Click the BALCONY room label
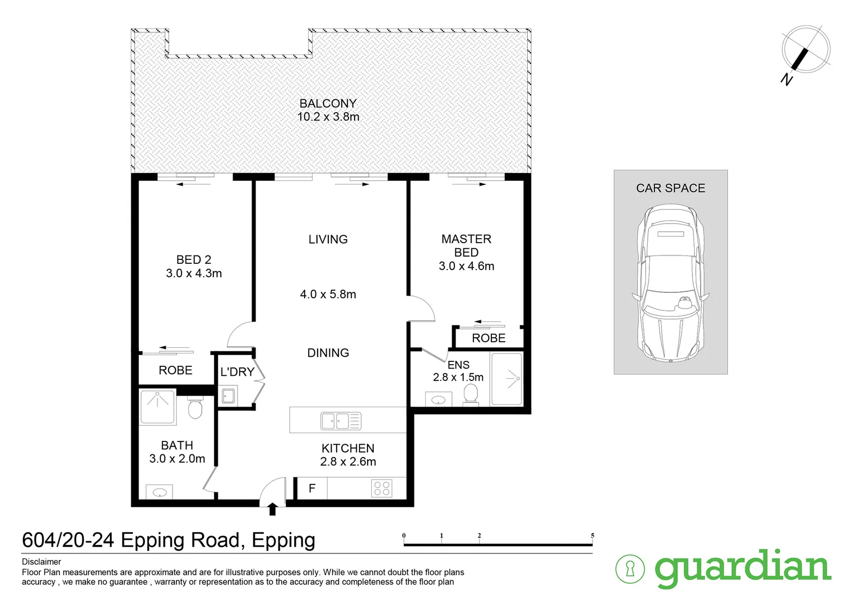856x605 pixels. pos(328,104)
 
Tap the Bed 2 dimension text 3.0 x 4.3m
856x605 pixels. pos(194,273)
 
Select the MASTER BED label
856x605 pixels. pos(466,246)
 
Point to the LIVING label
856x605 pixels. pos(328,239)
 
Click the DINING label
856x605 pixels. pos(328,353)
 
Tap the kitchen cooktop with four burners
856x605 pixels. pos(382,488)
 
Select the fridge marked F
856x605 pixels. pos(311,488)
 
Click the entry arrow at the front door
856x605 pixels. pos(273,509)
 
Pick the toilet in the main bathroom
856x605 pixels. pos(194,408)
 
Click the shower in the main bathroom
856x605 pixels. pos(157,407)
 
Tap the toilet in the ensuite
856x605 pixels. pos(471,393)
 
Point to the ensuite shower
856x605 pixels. pos(506,379)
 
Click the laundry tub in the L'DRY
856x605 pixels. pos(228,396)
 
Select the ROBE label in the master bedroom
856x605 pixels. pos(489,338)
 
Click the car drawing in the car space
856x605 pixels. pos(670,283)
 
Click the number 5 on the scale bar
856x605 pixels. pos(592,536)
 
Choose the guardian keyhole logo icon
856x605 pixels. pos(630,569)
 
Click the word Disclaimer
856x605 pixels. pos(41,562)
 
